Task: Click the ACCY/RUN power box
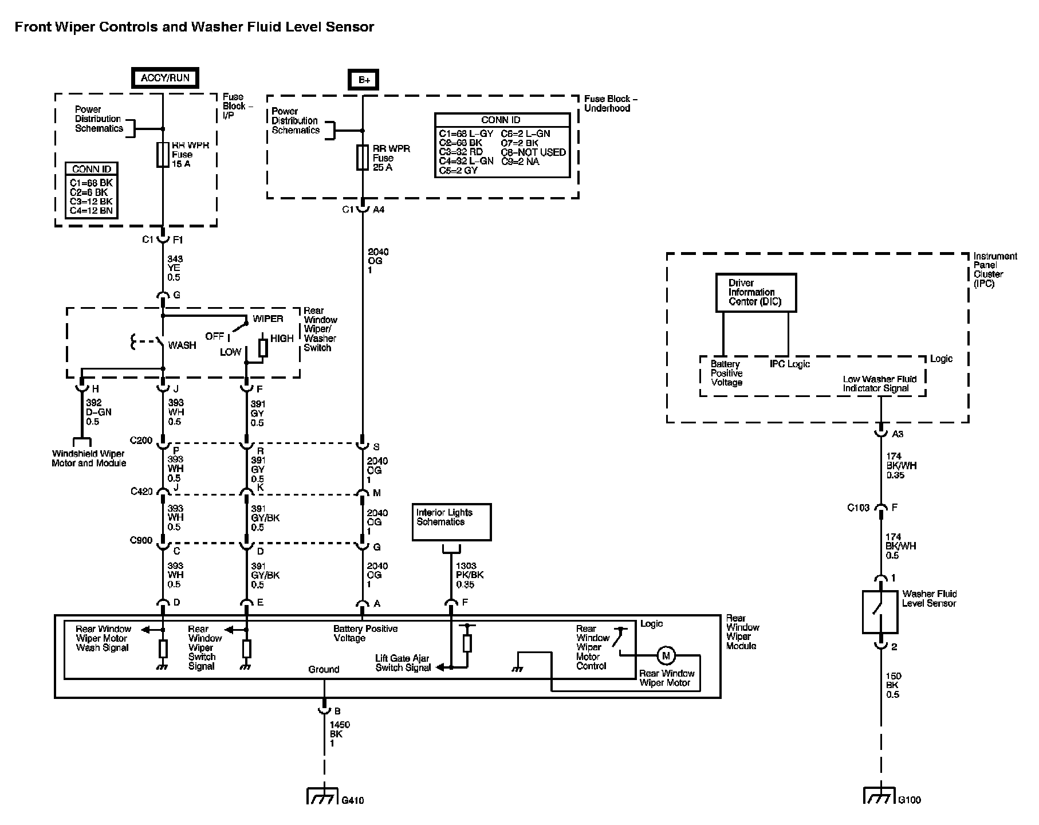click(166, 78)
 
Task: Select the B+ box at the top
click(364, 80)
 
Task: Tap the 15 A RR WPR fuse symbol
click(163, 155)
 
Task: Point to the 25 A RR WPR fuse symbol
click(362, 158)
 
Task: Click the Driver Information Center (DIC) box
click(756, 292)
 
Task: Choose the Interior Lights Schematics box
click(451, 522)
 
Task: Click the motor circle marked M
click(666, 655)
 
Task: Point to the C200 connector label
click(141, 441)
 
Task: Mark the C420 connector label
click(141, 491)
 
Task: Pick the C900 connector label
click(141, 540)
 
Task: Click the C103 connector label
click(859, 508)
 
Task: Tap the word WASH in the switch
click(182, 345)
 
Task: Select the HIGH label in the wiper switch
click(282, 339)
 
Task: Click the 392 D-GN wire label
click(99, 412)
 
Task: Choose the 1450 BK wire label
click(340, 734)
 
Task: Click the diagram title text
click(194, 27)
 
